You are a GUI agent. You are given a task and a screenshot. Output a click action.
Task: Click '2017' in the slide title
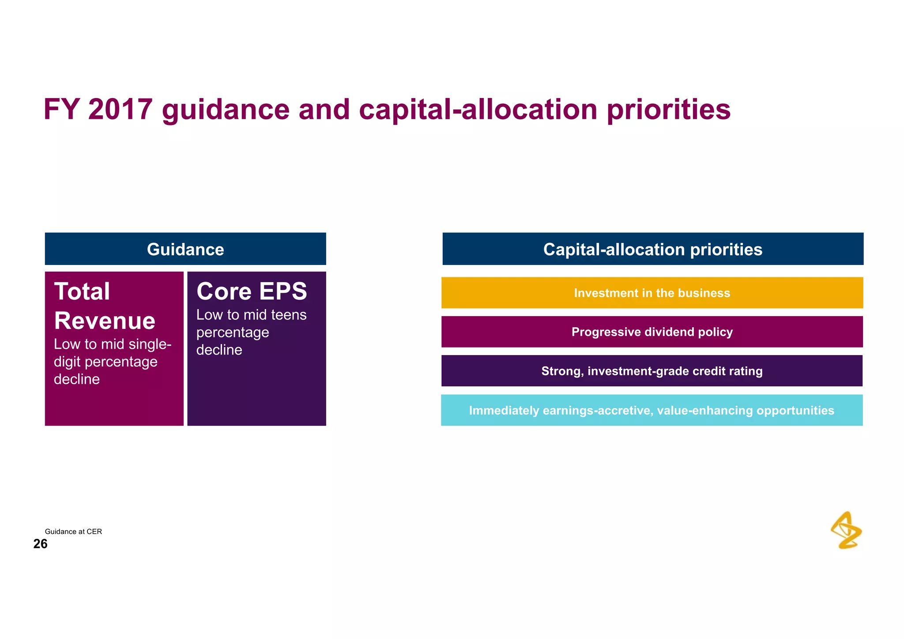pos(120,109)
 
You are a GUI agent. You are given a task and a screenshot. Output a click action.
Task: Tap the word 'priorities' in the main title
pos(669,110)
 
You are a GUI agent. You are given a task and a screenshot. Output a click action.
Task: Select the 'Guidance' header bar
pos(185,249)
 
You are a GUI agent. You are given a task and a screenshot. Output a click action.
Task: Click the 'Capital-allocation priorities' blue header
pos(652,249)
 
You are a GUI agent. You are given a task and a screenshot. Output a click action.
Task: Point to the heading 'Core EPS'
pos(252,291)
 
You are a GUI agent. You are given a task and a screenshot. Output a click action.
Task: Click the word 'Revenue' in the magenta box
pos(105,321)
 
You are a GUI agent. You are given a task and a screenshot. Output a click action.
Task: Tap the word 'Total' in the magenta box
pos(82,291)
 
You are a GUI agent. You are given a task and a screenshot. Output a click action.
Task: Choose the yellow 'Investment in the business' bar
pos(652,293)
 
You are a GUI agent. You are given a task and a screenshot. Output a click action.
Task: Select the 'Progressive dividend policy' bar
pos(652,332)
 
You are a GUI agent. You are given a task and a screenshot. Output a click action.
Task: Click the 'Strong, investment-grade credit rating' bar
pos(652,371)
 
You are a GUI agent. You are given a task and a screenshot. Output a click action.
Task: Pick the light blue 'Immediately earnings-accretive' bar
pos(652,410)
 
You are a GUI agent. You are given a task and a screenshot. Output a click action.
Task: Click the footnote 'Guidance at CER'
pos(73,531)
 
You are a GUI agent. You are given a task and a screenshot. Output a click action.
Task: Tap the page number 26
pos(40,544)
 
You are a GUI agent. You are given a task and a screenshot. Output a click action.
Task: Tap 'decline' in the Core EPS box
pos(219,350)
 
